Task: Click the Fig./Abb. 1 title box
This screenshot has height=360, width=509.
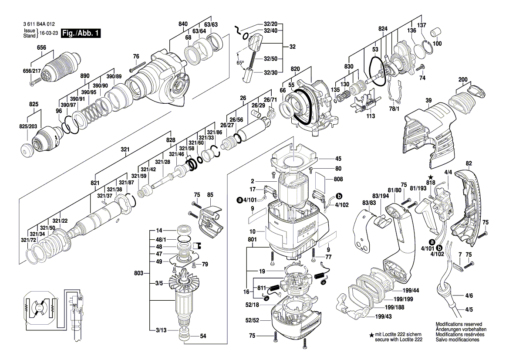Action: pos(81,34)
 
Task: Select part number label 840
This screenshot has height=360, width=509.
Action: pos(183,24)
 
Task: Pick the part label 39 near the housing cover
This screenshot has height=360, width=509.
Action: pos(428,101)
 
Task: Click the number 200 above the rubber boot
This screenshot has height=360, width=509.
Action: pos(463,80)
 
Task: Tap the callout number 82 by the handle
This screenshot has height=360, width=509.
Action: pos(469,163)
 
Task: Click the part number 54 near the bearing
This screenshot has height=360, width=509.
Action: pos(203,336)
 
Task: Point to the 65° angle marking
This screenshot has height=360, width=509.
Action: pos(240,63)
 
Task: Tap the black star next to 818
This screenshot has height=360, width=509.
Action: pos(431,177)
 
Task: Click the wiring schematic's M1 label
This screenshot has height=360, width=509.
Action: pos(74,305)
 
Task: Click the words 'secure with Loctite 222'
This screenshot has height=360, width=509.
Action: pos(399,339)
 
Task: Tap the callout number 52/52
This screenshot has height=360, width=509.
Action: pos(252,320)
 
